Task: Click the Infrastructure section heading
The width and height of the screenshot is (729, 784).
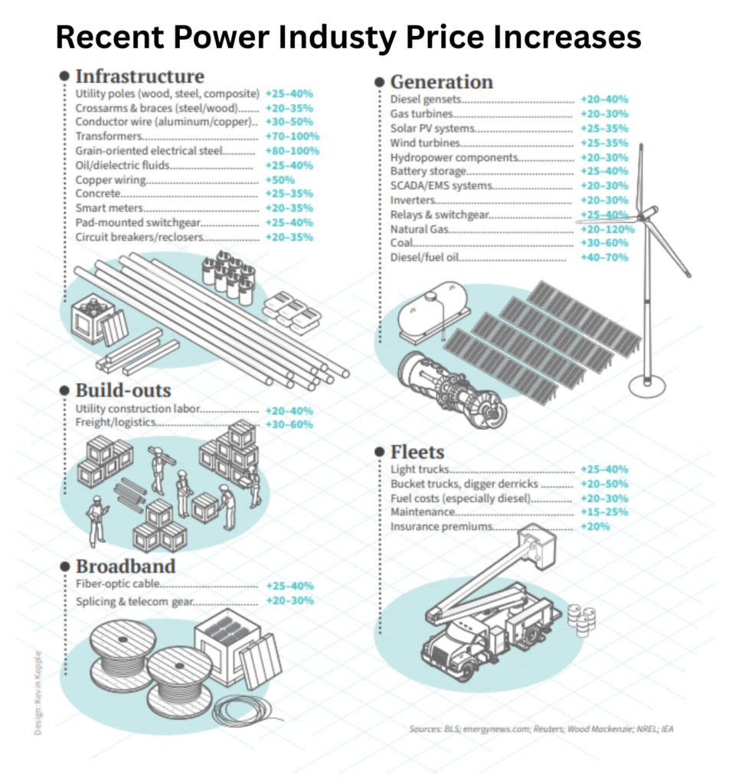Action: coord(139,77)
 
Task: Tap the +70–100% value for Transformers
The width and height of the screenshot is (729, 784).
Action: coord(292,136)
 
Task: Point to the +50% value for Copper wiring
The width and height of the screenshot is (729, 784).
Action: coord(279,180)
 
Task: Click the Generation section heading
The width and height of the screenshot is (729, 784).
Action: coord(441,82)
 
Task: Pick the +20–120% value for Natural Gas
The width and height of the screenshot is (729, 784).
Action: coord(607,229)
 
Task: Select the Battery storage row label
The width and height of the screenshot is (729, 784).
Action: coord(428,171)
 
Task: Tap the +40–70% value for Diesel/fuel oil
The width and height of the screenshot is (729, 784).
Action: coord(603,258)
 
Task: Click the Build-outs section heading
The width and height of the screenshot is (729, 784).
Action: coord(123,390)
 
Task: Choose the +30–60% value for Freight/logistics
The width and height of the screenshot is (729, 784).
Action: coord(289,424)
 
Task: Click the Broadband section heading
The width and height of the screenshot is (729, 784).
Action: coord(126,567)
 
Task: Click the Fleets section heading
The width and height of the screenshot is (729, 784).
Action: coord(417,451)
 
